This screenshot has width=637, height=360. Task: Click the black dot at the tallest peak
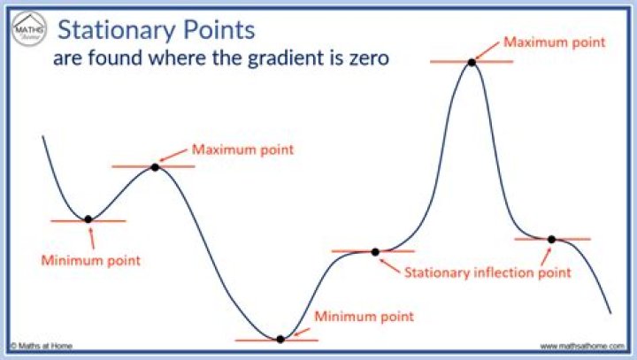(x=472, y=62)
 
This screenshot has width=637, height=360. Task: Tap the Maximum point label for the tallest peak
(x=554, y=41)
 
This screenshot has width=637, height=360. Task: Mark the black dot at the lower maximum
(x=155, y=166)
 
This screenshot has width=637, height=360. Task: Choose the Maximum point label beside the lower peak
(x=242, y=149)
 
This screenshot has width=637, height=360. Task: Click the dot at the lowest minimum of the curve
(x=280, y=339)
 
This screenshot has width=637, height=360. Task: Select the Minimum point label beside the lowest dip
(x=364, y=315)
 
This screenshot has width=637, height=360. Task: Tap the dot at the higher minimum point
(x=88, y=219)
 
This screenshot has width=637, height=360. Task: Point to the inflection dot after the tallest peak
(x=551, y=239)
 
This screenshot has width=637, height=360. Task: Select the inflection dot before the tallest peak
(x=375, y=252)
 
